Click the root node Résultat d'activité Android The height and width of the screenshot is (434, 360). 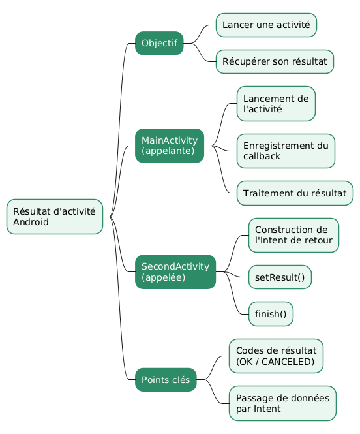pyautogui.click(x=55, y=217)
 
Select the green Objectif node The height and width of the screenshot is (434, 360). pyautogui.click(x=159, y=43)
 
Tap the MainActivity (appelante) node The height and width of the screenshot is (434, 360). pyautogui.click(x=170, y=146)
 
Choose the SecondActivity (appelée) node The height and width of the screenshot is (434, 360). pyautogui.click(x=175, y=271)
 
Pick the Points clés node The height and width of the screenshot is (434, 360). pyautogui.click(x=166, y=379)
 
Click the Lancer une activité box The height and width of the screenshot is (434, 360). pyautogui.click(x=266, y=25)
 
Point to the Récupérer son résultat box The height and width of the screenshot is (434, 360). pyautogui.click(x=275, y=61)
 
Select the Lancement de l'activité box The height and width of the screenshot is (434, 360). pyautogui.click(x=276, y=104)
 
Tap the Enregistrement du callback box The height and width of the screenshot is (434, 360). pyautogui.click(x=286, y=151)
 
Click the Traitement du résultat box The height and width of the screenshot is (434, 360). pyautogui.click(x=295, y=193)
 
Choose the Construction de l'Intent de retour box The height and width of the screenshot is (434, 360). pyautogui.click(x=293, y=235)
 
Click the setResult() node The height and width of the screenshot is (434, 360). pyautogui.click(x=280, y=277)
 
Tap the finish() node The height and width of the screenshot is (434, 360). pyautogui.click(x=271, y=314)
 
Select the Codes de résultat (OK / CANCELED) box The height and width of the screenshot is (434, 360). pyautogui.click(x=276, y=356)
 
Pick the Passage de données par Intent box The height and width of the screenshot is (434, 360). pyautogui.click(x=282, y=403)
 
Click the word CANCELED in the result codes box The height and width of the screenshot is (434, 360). pyautogui.click(x=288, y=362)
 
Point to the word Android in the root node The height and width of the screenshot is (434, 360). pyautogui.click(x=31, y=222)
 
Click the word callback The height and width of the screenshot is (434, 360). pyautogui.click(x=262, y=156)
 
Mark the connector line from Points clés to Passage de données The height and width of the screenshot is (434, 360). pyautogui.click(x=213, y=392)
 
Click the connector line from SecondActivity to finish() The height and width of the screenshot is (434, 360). pyautogui.click(x=233, y=293)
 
